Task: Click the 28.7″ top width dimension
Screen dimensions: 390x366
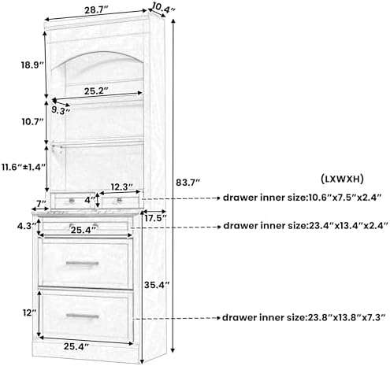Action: pos(96,10)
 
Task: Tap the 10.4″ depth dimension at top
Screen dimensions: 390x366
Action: pos(163,8)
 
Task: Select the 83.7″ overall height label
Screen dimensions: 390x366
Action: pos(188,183)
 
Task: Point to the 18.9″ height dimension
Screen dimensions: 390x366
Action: pos(32,65)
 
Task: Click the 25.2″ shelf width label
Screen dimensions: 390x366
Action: pos(96,91)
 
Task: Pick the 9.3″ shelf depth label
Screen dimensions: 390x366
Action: pos(61,110)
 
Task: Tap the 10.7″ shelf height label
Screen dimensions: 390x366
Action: pos(32,121)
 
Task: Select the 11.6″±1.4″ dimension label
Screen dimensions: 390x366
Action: pos(24,167)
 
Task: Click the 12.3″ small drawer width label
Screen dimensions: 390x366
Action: pos(122,187)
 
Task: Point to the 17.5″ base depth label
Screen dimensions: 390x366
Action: pos(155,218)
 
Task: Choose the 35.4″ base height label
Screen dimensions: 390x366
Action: pos(157,285)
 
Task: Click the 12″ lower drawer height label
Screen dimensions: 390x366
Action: pos(29,312)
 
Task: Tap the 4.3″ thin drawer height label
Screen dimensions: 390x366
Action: pos(26,226)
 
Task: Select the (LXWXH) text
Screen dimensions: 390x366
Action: pos(343,179)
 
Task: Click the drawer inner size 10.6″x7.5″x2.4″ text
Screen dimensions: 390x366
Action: pos(302,198)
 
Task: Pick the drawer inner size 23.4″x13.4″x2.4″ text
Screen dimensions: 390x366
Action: pos(306,226)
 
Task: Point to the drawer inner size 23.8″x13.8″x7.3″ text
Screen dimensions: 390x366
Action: pos(304,318)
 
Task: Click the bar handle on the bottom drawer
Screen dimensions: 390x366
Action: pos(83,316)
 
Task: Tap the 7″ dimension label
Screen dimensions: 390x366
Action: pos(42,203)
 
